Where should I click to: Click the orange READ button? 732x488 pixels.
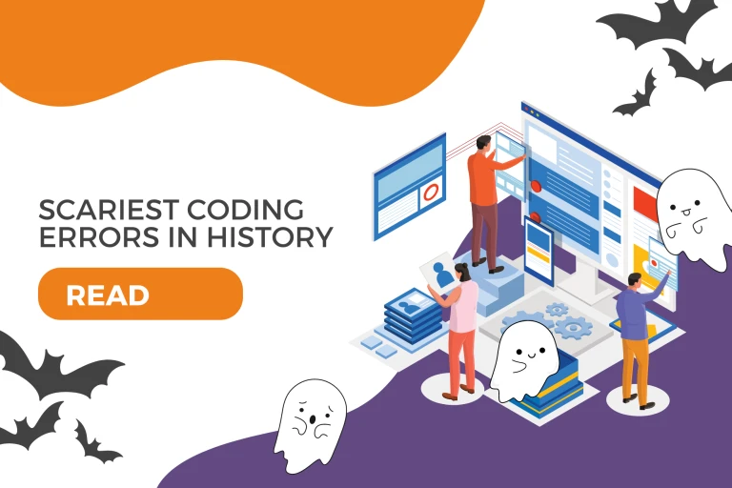140,295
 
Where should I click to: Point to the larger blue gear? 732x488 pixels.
573,328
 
